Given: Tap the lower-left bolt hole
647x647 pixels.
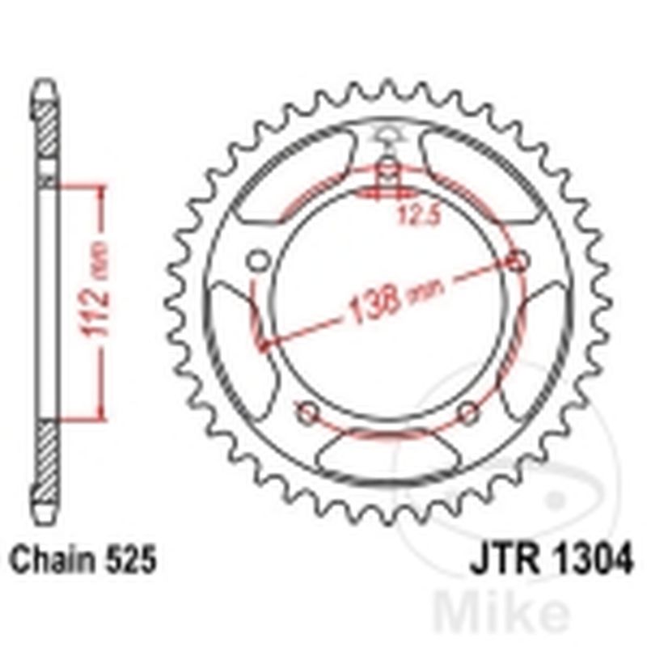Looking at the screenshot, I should [307, 412].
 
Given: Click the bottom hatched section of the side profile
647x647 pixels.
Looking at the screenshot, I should [47, 461].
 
